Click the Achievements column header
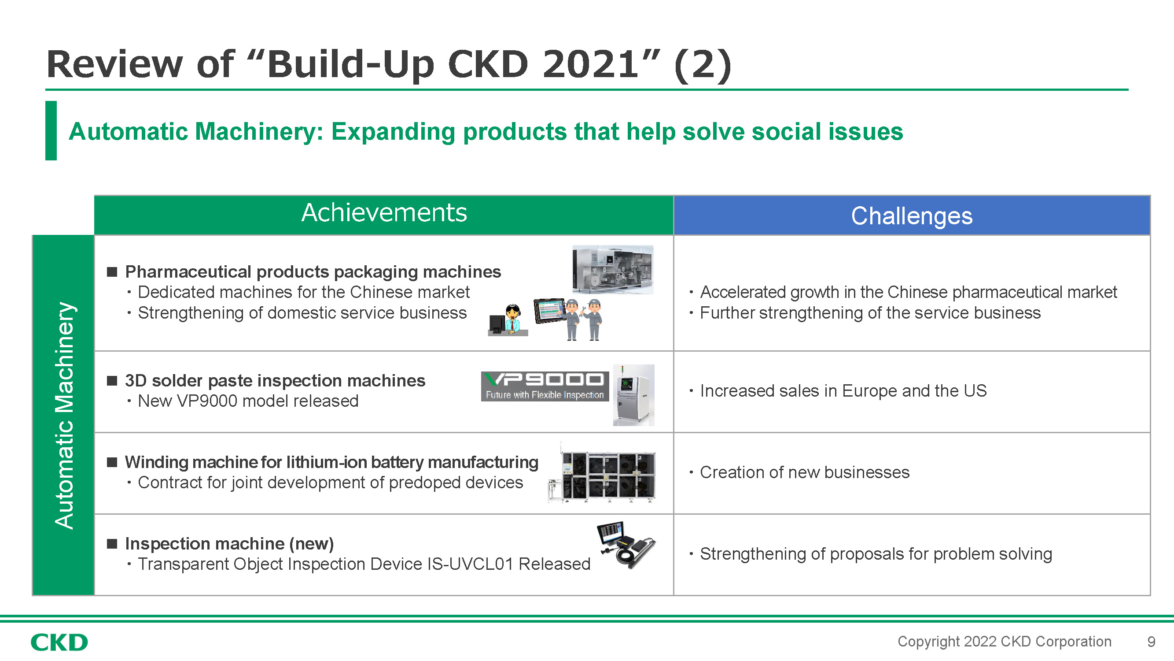click(x=384, y=213)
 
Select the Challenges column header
click(x=912, y=216)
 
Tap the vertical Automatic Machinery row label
click(x=64, y=415)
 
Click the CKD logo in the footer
click(x=59, y=642)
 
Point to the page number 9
click(x=1151, y=642)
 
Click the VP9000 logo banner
click(x=545, y=386)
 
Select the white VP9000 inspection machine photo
click(x=633, y=395)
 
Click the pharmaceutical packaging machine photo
click(x=612, y=270)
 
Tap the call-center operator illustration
click(x=508, y=320)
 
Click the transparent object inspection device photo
click(x=626, y=545)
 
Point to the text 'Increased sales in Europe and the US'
click(x=843, y=391)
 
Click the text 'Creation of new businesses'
click(x=804, y=472)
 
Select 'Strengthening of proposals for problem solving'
click(x=876, y=554)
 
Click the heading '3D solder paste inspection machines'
click(x=275, y=380)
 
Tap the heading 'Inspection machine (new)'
click(x=229, y=544)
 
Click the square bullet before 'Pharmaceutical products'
click(x=112, y=272)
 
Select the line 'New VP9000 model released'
click(x=248, y=401)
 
